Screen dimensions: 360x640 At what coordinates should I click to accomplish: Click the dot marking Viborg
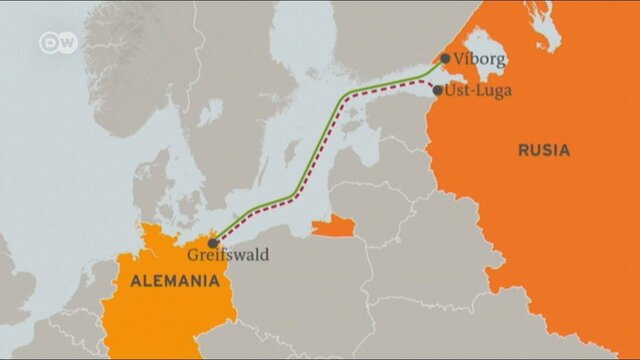pos(445,59)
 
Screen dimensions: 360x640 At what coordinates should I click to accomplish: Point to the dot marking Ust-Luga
pos(438,90)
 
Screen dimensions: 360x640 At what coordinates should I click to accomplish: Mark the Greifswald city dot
pos(213,242)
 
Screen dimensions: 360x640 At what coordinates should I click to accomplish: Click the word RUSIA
pos(544,151)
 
